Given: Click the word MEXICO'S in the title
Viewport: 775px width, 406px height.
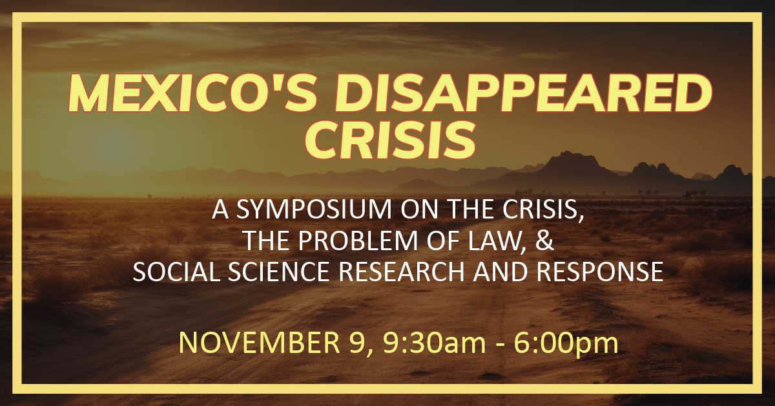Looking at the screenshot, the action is point(192,93).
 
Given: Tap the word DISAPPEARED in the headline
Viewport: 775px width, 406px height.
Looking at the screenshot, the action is point(523,93).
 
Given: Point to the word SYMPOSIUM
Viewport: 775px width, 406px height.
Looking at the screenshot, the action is point(314,209).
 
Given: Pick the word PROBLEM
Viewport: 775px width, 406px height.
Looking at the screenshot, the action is point(358,240).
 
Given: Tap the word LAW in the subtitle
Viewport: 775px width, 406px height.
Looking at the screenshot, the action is point(497,241).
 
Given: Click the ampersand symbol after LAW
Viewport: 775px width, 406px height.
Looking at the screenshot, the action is point(544,240).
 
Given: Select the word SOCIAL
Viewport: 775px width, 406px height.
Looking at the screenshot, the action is point(176,272).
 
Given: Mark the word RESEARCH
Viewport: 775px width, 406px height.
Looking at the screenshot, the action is point(401,272).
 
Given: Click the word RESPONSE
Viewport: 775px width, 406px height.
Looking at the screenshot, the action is point(599,272).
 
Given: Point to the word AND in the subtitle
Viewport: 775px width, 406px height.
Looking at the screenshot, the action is point(501,272).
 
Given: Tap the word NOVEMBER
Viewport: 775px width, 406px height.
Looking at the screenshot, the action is point(260,343).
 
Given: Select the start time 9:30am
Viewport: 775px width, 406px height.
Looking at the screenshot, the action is point(434,343).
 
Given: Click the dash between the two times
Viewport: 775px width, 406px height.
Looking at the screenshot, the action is point(500,345).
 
